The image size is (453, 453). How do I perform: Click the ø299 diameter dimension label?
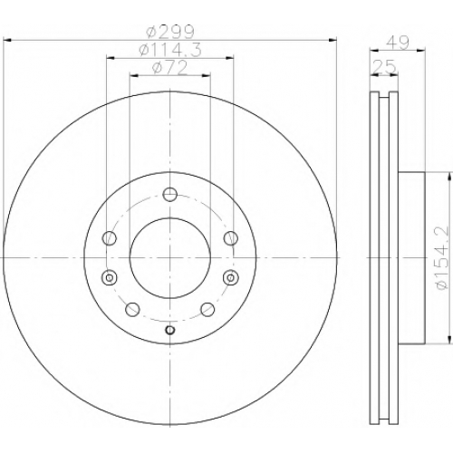click(x=169, y=32)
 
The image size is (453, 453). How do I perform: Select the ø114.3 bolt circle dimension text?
click(x=170, y=50)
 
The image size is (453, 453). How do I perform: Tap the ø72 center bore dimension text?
click(x=170, y=68)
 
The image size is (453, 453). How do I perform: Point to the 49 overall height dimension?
click(x=398, y=43)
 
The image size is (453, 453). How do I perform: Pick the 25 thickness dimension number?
click(x=384, y=66)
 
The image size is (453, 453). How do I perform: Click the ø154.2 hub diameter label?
click(x=443, y=257)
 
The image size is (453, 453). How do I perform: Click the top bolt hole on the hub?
click(x=169, y=194)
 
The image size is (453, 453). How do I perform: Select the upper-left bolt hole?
click(x=110, y=238)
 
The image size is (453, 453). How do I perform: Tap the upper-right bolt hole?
click(x=230, y=238)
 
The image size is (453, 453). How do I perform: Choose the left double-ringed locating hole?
click(x=110, y=277)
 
